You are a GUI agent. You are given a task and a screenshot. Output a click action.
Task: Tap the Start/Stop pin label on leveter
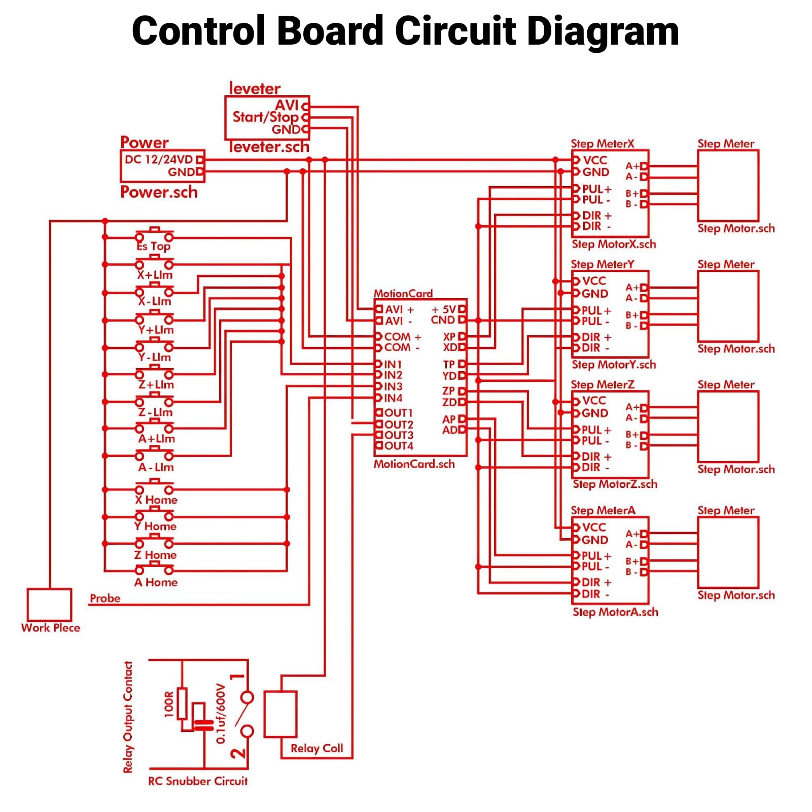265,117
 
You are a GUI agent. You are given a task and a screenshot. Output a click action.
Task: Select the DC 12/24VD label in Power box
159,159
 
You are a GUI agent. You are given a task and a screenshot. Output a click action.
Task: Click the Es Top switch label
154,246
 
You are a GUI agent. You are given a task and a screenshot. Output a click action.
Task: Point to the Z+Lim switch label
156,385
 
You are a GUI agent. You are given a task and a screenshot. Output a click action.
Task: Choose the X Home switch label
156,500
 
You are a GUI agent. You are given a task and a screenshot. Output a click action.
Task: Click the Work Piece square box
49,604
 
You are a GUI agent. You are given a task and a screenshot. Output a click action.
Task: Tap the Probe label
105,598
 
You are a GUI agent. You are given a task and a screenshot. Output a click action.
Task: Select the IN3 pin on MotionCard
393,386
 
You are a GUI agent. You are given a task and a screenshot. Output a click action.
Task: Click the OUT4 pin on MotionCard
399,446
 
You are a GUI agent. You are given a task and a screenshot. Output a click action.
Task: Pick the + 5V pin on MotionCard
444,309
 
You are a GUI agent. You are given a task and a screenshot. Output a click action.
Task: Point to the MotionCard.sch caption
414,464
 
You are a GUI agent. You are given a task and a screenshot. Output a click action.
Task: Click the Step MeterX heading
603,144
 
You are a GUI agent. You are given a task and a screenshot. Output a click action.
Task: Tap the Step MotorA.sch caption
615,612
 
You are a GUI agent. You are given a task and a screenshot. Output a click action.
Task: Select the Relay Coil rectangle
280,714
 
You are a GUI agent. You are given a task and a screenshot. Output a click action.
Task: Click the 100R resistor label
169,704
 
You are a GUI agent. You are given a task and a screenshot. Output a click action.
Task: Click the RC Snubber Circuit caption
198,781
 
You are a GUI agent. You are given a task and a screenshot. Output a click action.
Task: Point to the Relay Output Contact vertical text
128,717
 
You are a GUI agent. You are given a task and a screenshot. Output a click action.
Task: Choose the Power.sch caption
159,192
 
